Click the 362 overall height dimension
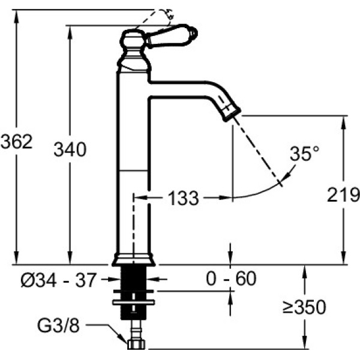[17, 142]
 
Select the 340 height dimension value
[70, 149]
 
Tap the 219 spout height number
[343, 194]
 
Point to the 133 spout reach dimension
[183, 198]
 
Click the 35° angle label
[304, 154]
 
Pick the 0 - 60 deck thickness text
[231, 278]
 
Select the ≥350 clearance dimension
[304, 307]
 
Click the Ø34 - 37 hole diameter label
[58, 280]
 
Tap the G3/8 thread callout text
[58, 325]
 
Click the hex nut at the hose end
[136, 344]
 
